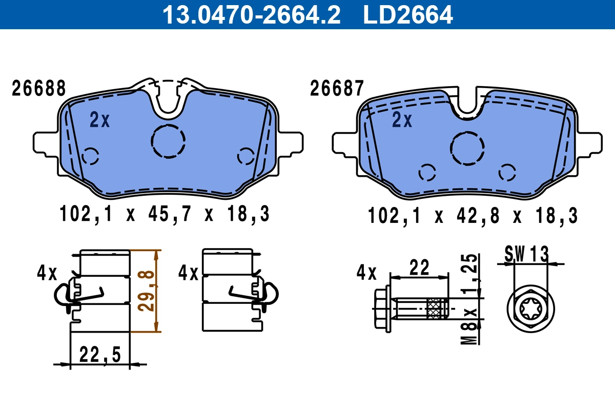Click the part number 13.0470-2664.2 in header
[x=251, y=14]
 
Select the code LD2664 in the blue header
[x=408, y=14]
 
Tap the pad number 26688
[x=39, y=89]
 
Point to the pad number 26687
[x=337, y=89]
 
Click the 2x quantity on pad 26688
[x=99, y=120]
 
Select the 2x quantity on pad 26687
[x=402, y=120]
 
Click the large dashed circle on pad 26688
[x=168, y=141]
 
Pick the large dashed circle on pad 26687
[x=467, y=148]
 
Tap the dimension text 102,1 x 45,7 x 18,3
[x=165, y=214]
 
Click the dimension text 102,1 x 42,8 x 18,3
[x=473, y=216]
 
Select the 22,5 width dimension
[x=100, y=355]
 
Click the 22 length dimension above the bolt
[x=420, y=268]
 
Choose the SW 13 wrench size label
[x=526, y=254]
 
